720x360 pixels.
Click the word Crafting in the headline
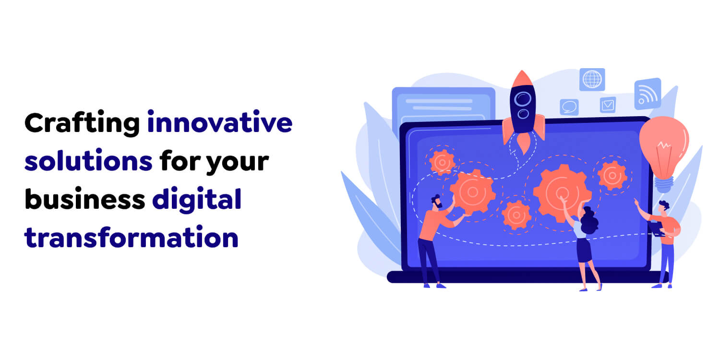pos(81,124)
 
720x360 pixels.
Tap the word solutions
pos(88,162)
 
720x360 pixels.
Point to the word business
pos(84,199)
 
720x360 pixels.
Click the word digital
pos(196,200)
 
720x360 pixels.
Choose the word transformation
pos(131,237)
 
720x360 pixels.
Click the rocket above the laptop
pos(523,108)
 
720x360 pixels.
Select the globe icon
pos(592,80)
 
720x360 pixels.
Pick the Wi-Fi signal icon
pos(648,94)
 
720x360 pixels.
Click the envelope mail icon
pos(608,105)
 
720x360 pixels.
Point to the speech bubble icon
pos(569,107)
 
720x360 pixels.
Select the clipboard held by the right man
pos(657,228)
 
